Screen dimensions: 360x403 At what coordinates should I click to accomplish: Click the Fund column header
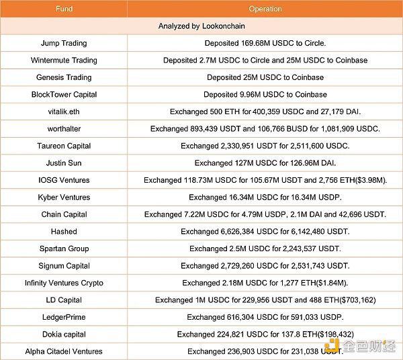pyautogui.click(x=64, y=9)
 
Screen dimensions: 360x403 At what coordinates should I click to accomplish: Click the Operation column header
pyautogui.click(x=265, y=9)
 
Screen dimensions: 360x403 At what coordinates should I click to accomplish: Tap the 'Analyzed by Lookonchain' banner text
pyautogui.click(x=201, y=26)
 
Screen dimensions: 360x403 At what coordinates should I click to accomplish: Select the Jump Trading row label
pyautogui.click(x=64, y=43)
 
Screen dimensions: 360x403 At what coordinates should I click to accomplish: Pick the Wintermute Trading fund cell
pyautogui.click(x=64, y=60)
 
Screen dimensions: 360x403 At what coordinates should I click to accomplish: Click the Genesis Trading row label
pyautogui.click(x=64, y=77)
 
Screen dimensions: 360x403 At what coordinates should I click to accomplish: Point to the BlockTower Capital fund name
pyautogui.click(x=64, y=95)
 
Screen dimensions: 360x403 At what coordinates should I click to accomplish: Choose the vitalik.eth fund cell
pyautogui.click(x=64, y=111)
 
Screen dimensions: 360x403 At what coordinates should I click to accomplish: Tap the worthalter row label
pyautogui.click(x=64, y=129)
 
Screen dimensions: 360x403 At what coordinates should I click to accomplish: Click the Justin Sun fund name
pyautogui.click(x=64, y=163)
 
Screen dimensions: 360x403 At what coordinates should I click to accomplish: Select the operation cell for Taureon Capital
pyautogui.click(x=265, y=146)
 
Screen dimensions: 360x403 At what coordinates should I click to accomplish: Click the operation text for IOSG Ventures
pyautogui.click(x=265, y=180)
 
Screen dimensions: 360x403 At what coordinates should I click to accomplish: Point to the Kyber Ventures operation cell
pyautogui.click(x=265, y=197)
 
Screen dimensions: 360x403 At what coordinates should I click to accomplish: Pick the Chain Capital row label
pyautogui.click(x=64, y=214)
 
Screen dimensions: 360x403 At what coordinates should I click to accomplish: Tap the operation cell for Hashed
pyautogui.click(x=265, y=232)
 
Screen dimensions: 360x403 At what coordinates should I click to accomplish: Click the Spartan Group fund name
pyautogui.click(x=64, y=249)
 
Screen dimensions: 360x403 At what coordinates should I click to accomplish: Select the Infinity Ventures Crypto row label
pyautogui.click(x=64, y=283)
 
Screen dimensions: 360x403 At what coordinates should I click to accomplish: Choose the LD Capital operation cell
pyautogui.click(x=265, y=300)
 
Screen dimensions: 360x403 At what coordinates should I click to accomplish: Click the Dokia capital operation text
pyautogui.click(x=265, y=334)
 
